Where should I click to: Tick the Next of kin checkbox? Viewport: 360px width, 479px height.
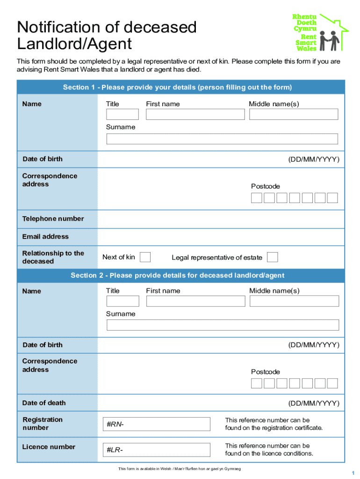(145, 257)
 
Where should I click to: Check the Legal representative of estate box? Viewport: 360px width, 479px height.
(272, 257)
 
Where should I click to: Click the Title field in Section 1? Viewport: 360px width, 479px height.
(122, 114)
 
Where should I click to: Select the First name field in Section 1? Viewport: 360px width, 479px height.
(195, 114)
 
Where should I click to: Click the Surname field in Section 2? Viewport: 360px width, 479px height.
(223, 325)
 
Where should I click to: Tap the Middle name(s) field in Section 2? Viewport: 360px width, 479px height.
(294, 301)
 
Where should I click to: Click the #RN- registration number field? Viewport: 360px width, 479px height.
(156, 424)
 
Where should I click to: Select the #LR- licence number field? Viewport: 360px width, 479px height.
(156, 450)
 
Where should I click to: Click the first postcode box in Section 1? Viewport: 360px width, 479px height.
(257, 198)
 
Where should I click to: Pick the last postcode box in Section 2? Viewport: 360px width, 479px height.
(332, 384)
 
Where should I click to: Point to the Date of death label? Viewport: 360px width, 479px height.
(44, 403)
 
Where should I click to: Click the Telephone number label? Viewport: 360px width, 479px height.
(53, 218)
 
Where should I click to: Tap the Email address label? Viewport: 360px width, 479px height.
(45, 236)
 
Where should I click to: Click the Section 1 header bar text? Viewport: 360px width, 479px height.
(177, 87)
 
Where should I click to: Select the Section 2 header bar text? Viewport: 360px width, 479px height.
(177, 275)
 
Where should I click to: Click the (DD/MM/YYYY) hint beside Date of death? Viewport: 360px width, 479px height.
(314, 403)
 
